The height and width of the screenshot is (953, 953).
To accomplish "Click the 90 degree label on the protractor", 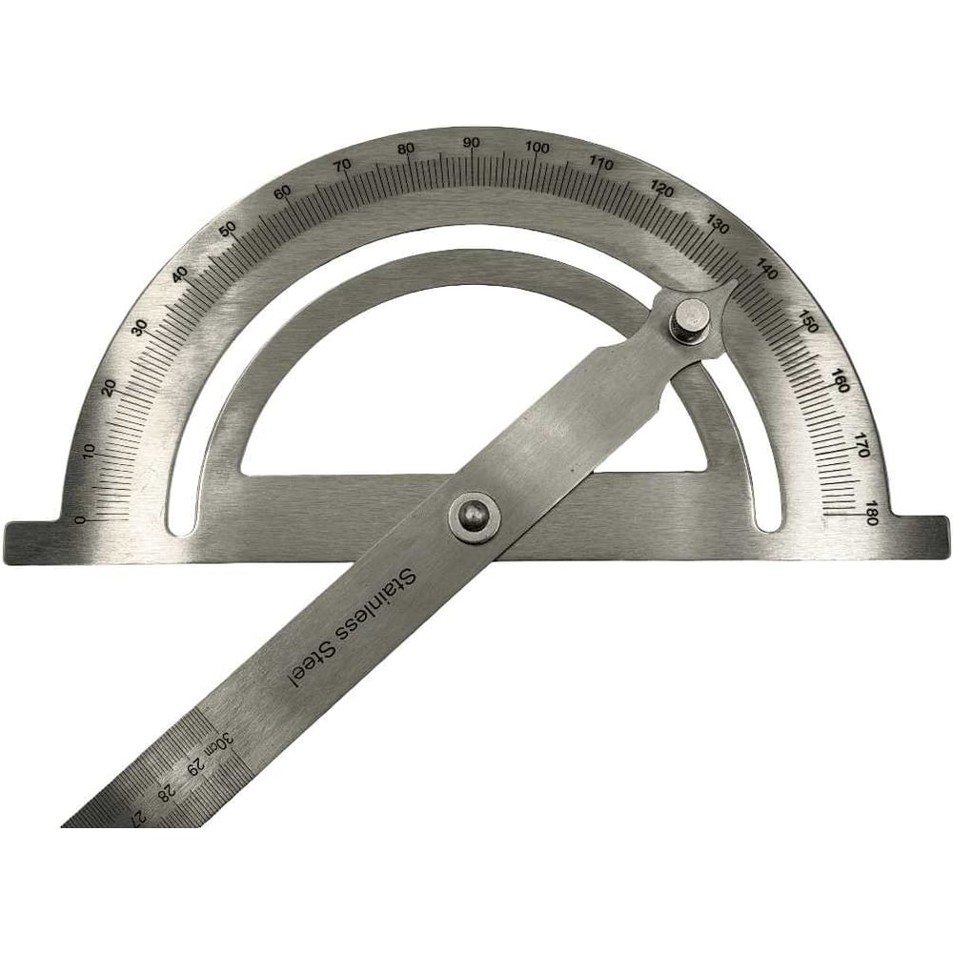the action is click(x=471, y=143).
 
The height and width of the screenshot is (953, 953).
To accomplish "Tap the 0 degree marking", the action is click(x=79, y=519).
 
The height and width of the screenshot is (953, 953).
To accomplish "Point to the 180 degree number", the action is click(x=873, y=517).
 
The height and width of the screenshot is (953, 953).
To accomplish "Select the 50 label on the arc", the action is click(x=228, y=230).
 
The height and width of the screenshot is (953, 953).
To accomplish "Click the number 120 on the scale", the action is click(x=662, y=192).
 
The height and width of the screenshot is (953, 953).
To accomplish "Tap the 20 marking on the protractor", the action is click(x=110, y=388).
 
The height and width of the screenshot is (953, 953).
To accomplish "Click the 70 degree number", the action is click(x=343, y=164).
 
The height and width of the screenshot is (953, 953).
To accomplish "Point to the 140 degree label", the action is click(x=766, y=271).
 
